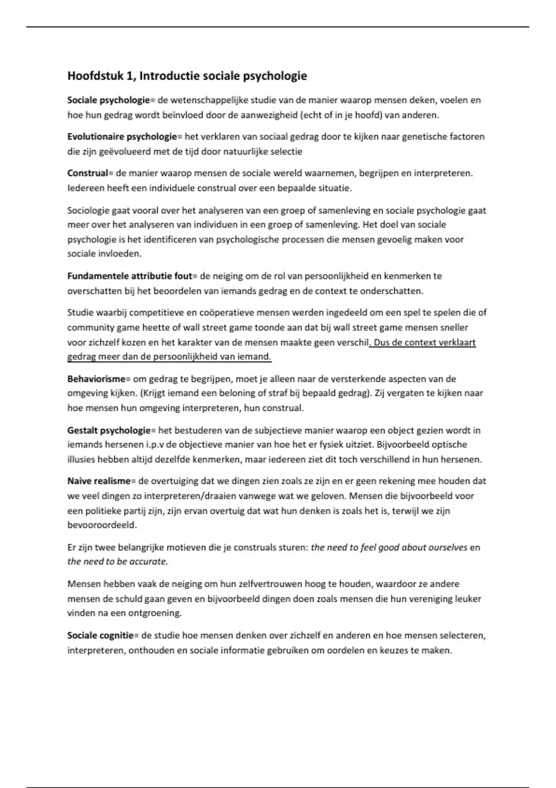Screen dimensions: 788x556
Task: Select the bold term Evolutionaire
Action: pos(95,137)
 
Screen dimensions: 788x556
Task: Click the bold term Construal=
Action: pos(90,173)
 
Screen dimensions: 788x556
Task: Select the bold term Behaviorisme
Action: pos(96,379)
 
